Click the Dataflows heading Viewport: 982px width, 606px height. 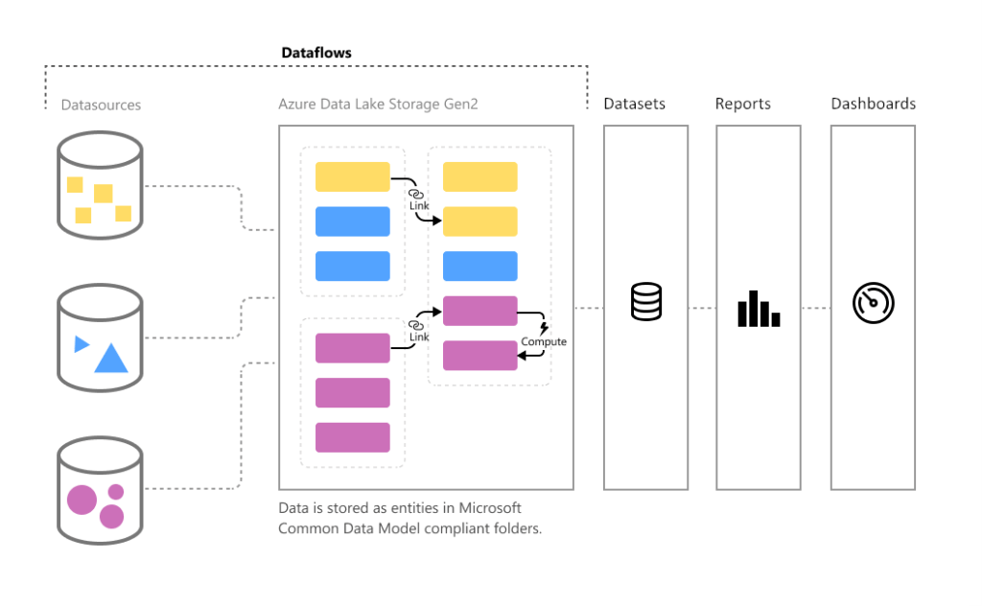[316, 53]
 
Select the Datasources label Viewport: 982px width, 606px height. [101, 105]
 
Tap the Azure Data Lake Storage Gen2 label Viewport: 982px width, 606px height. [378, 105]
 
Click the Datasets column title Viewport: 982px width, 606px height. [634, 104]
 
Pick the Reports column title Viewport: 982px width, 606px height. [742, 104]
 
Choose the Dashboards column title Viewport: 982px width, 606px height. [873, 104]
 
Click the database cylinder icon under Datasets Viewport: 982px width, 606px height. [645, 302]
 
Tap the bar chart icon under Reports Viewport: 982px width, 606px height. [758, 309]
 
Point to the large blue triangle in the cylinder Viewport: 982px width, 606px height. [111, 359]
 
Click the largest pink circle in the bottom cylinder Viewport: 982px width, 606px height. [81, 500]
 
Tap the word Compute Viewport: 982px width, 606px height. [544, 342]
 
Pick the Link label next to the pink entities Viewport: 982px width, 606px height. [419, 338]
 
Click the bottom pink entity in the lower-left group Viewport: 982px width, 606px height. [353, 437]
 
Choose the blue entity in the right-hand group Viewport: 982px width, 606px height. [479, 266]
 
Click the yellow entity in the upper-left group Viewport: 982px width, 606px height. [353, 176]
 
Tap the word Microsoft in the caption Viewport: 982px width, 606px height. [491, 508]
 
